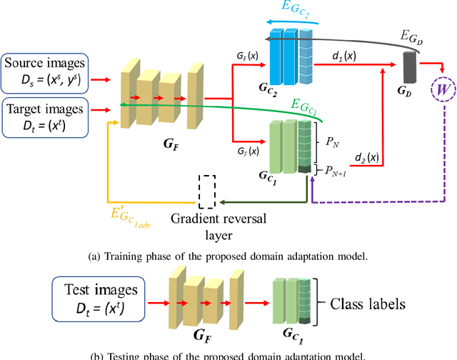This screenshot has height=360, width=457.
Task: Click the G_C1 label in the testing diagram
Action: click(x=291, y=335)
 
